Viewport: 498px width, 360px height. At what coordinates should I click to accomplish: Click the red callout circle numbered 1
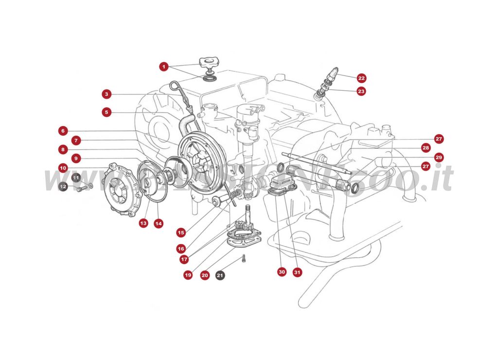click(164, 67)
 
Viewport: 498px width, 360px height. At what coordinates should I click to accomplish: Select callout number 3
click(107, 94)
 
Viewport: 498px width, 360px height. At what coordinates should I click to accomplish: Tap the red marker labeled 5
click(107, 112)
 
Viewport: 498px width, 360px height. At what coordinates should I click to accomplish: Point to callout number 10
click(63, 168)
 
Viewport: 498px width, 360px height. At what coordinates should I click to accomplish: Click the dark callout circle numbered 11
click(76, 178)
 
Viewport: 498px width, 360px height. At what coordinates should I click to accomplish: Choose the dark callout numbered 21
click(220, 275)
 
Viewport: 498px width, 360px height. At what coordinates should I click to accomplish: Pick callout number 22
click(361, 78)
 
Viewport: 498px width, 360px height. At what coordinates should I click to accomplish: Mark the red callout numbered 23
click(361, 91)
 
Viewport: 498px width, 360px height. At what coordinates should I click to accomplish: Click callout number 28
click(426, 147)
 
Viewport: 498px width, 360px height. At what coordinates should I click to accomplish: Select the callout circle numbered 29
click(439, 157)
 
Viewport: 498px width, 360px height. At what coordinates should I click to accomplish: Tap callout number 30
click(282, 272)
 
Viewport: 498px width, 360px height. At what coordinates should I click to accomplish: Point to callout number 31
click(298, 272)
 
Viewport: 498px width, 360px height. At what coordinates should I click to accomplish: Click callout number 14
click(158, 223)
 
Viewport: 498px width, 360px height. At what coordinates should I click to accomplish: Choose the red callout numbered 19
click(188, 275)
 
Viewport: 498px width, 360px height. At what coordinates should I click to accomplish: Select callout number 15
click(181, 232)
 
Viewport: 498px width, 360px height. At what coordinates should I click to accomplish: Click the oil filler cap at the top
click(209, 62)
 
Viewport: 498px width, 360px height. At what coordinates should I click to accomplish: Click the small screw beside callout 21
click(244, 258)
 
